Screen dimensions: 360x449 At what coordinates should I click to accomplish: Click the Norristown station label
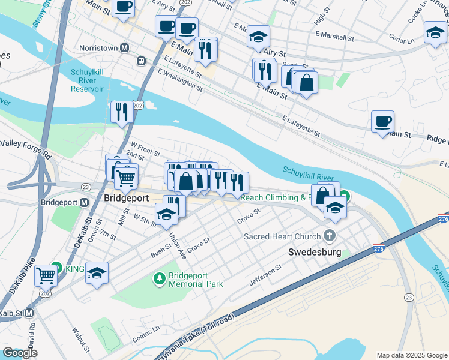pos(99,47)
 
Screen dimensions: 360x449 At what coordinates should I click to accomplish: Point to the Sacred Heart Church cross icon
pos(329,235)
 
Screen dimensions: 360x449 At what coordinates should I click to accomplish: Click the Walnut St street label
pos(80,339)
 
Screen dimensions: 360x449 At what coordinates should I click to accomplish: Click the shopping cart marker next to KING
pos(46,275)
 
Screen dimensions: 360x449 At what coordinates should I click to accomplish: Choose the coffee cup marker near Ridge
pos(382,122)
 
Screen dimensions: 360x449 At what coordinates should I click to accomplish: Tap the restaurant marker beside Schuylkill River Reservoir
pos(122,112)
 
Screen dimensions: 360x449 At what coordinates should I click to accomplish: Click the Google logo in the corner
pos(20,353)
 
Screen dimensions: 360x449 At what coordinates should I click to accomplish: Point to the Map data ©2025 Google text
pos(411,355)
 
